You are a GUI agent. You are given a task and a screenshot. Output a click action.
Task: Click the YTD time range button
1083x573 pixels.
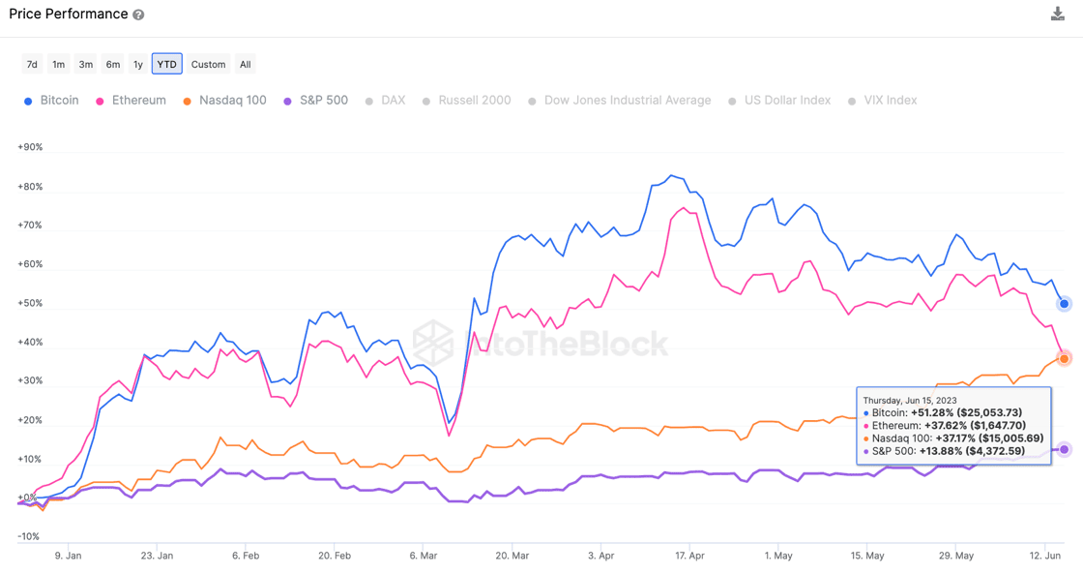click(x=166, y=64)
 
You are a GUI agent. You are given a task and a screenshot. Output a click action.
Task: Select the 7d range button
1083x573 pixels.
click(x=32, y=64)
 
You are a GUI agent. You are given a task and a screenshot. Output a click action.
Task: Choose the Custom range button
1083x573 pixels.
click(x=208, y=64)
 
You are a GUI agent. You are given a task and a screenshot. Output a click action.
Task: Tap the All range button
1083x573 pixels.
click(x=246, y=64)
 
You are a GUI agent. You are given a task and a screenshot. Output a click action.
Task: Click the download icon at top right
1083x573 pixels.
click(x=1058, y=14)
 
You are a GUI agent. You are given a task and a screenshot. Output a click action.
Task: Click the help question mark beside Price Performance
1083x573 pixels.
click(x=138, y=15)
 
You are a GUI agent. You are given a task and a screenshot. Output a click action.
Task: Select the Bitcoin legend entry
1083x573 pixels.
click(x=52, y=101)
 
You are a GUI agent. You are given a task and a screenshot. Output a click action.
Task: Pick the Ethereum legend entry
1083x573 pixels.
click(x=131, y=101)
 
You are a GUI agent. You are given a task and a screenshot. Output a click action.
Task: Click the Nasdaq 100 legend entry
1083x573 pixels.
click(x=224, y=101)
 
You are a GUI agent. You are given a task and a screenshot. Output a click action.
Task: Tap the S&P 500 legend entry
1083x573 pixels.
click(x=316, y=101)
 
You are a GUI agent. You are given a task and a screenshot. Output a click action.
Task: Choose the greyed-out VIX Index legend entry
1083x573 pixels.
click(x=882, y=101)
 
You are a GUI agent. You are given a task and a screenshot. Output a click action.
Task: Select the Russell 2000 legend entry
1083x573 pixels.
click(x=466, y=101)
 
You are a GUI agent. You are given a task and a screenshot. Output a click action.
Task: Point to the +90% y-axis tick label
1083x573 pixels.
click(x=30, y=148)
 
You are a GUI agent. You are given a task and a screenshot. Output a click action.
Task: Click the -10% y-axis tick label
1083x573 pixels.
click(x=29, y=536)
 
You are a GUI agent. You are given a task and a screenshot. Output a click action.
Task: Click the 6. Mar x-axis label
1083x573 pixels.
click(x=424, y=557)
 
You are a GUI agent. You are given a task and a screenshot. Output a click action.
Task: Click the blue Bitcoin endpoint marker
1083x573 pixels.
click(x=1064, y=304)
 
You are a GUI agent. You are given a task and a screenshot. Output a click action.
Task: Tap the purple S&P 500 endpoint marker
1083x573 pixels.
click(x=1064, y=449)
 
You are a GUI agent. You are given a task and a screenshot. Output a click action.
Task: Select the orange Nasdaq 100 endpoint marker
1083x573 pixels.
click(x=1064, y=358)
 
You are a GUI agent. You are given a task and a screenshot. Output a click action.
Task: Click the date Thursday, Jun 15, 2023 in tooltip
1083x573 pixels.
click(x=909, y=400)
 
